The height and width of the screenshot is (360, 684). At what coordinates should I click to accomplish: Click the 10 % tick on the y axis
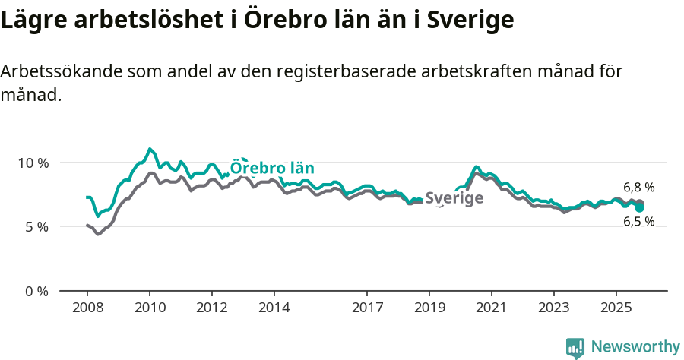pos(32,163)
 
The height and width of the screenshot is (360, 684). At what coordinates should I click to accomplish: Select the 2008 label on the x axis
pos(87,308)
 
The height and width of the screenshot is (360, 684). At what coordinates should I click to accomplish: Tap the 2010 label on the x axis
pos(150,308)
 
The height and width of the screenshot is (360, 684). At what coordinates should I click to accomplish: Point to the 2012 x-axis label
pos(212,308)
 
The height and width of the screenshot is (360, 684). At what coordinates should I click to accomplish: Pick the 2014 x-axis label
pos(274,308)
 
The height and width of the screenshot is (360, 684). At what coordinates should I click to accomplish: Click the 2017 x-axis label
pos(367,308)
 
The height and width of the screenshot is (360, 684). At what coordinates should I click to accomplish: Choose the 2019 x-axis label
pos(429,308)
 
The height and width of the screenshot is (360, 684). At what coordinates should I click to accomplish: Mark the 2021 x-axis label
pos(492,308)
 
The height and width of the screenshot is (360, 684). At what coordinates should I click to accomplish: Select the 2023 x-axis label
pos(554,308)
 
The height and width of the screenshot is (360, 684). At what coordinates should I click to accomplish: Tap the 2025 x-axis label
pos(616,308)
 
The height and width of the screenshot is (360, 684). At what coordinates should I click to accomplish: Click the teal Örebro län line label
pos(272,168)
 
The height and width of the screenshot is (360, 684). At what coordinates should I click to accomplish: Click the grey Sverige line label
pos(454,198)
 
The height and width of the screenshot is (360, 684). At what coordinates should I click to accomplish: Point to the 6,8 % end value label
pos(638,188)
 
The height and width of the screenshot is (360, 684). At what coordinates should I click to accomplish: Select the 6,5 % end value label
pos(638,222)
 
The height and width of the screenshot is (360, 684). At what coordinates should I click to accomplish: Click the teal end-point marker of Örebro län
pos(640,207)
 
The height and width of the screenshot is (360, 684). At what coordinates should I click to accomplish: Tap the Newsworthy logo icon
pos(575,348)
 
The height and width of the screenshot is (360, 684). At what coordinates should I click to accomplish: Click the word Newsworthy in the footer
pos(635,347)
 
